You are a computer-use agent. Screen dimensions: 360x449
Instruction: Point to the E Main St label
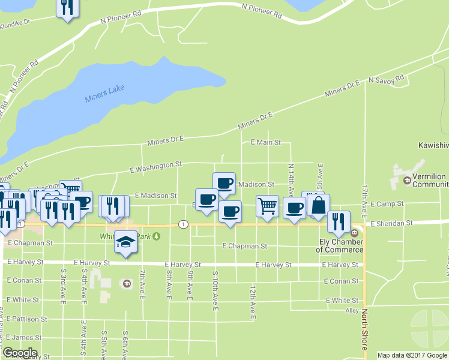[x=265, y=142]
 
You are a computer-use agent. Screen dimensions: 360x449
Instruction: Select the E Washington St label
[x=156, y=167]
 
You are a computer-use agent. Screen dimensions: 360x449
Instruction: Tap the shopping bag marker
[x=319, y=205]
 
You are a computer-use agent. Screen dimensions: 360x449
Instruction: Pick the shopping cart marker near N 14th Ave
[x=267, y=207]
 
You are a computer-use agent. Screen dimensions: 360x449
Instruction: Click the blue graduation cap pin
[x=125, y=242]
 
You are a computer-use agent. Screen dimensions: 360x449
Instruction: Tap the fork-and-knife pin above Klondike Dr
[x=67, y=7]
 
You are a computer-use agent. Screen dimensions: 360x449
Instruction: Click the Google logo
[x=20, y=353]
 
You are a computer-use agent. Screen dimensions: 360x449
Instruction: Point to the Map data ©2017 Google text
[x=412, y=355]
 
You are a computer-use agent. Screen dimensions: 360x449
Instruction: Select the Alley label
[x=352, y=311]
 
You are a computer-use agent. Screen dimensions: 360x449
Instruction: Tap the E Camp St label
[x=387, y=205]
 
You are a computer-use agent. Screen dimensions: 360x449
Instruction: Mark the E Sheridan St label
[x=391, y=223]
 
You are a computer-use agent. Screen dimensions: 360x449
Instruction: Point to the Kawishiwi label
[x=433, y=146]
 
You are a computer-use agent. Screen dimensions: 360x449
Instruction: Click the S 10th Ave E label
[x=215, y=290]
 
